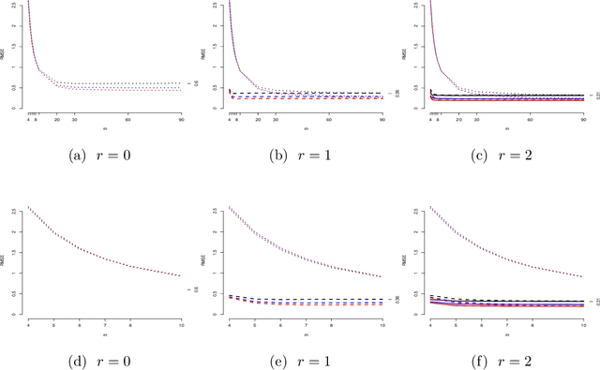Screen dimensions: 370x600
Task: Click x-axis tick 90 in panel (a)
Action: [181, 119]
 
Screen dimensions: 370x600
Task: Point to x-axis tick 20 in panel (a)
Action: [56, 119]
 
